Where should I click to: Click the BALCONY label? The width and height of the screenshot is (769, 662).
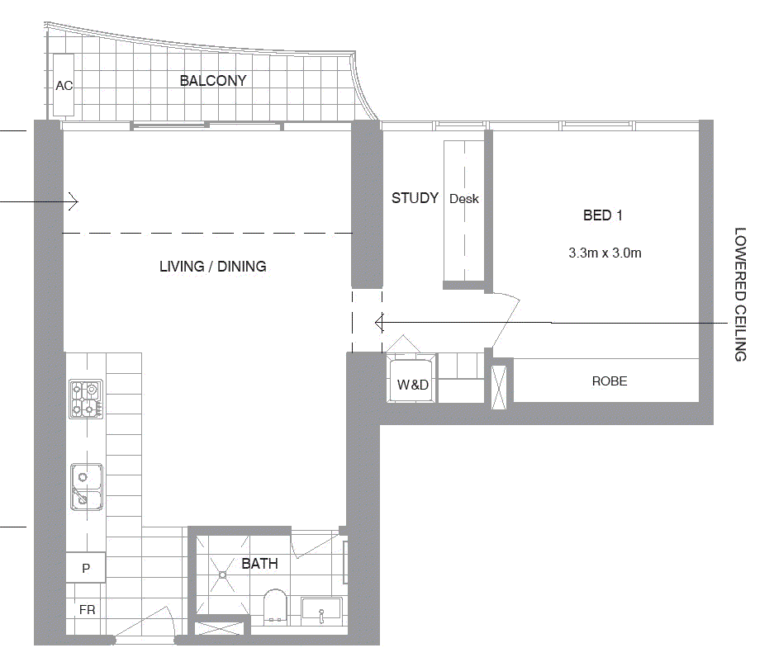213,81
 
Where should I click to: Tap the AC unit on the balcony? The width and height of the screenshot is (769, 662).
64,85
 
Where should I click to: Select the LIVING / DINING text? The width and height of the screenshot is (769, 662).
212,267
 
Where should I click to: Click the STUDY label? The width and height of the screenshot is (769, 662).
415,198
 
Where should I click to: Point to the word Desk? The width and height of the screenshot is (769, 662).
464,199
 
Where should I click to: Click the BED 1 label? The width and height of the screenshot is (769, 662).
603,215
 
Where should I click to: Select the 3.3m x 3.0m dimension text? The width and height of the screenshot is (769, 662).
605,253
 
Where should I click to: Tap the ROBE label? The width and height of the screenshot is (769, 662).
609,381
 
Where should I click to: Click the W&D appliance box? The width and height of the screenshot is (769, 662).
412,384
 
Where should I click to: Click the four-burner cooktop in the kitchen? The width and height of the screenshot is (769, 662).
85,399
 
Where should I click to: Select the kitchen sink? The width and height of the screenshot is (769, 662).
86,486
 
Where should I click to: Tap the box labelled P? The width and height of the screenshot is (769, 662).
86,568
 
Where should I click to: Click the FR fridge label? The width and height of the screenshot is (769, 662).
87,610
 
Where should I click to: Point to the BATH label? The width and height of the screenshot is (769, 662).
259,564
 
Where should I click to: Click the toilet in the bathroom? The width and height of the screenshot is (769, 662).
275,605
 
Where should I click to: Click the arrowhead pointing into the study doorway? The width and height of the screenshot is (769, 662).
379,322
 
